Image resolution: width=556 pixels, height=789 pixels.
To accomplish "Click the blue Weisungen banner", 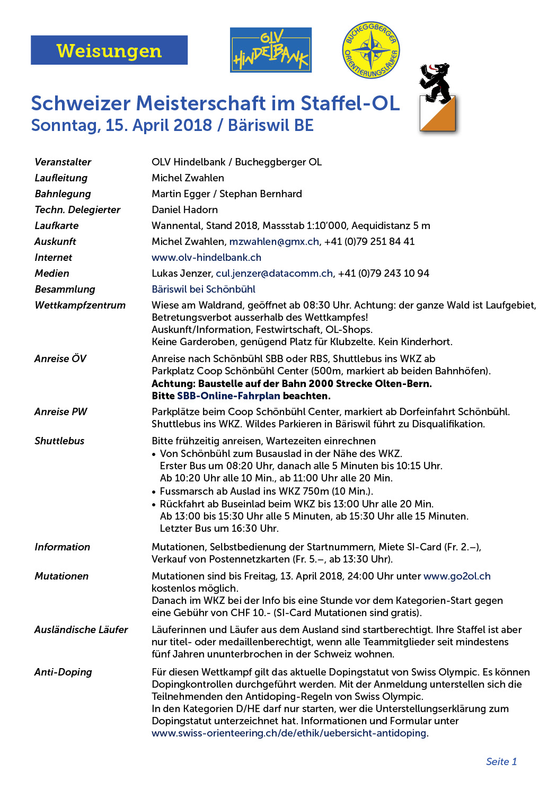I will pos(109,50).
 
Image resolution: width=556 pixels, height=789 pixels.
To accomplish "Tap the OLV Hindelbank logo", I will pos(271,50).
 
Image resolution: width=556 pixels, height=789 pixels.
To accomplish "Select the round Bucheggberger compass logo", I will pos(371,50).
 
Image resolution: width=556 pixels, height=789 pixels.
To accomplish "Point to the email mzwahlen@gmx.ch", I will pos(274,241).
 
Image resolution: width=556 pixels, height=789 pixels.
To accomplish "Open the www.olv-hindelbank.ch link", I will pos(206,257).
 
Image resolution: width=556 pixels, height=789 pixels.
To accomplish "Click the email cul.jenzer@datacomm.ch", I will pos(275,273).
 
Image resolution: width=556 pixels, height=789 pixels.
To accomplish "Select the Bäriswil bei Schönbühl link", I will pos(203,289).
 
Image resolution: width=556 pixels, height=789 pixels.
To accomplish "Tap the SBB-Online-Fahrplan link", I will pos(228,396).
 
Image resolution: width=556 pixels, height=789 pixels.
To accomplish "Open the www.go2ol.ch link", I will pos(457,576).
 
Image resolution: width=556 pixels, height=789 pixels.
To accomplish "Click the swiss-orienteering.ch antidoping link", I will pos(289,733).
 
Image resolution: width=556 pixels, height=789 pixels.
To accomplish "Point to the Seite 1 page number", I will pos(501,761).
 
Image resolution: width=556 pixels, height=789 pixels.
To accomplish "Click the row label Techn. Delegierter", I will pos(77,209).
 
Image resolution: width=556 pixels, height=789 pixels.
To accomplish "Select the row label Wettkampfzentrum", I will pos(80,305).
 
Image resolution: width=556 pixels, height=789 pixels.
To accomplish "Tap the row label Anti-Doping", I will pos(63,672).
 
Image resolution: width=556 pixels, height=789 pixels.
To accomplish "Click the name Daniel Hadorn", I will pos(184,209).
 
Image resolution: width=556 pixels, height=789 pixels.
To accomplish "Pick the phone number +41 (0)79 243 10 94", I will pos(383,273).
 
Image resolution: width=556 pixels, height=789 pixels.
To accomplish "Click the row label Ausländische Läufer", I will pos(81,629).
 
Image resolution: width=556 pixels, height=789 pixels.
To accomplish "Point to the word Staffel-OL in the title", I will pos(350,103).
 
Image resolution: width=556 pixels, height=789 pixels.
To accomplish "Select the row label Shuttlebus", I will pos(59,441).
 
